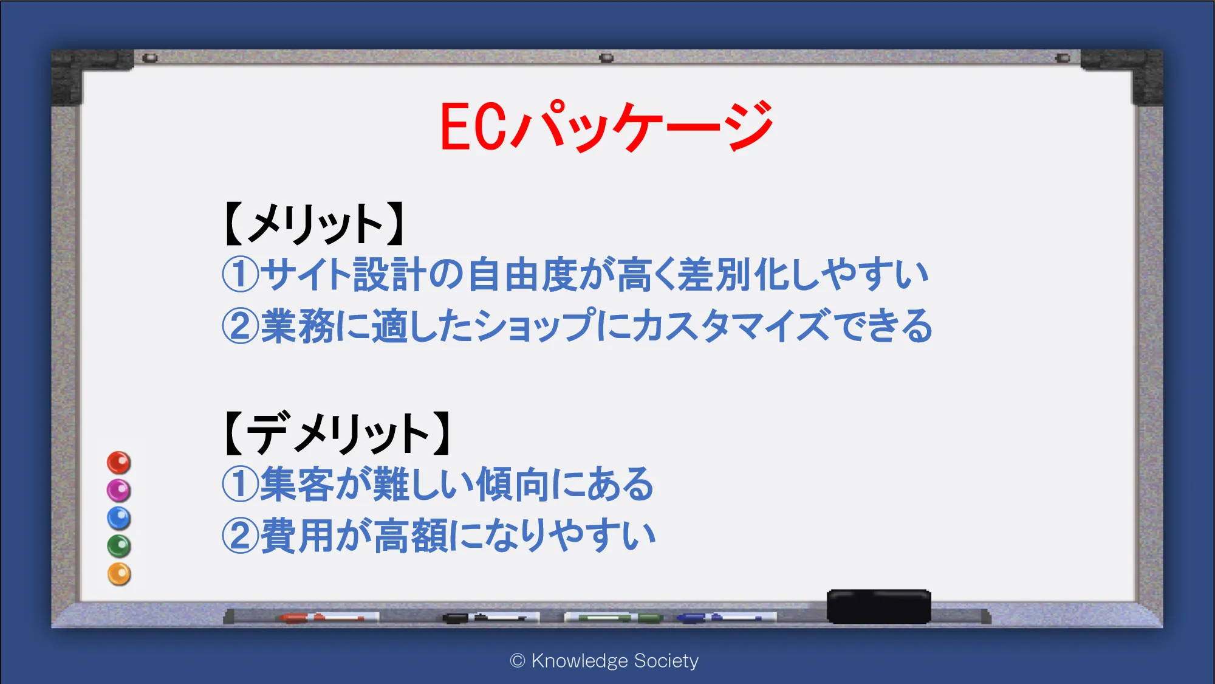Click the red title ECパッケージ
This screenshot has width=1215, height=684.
pos(606,126)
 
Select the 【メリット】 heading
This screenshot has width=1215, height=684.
pos(315,223)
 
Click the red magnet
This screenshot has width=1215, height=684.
pos(119,463)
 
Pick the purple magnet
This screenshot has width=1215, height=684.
pos(119,490)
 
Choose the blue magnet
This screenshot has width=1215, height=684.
pos(119,518)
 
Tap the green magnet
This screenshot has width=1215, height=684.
pos(119,546)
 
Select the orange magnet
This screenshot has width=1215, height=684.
pos(119,574)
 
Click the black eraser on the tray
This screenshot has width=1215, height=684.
pos(878,606)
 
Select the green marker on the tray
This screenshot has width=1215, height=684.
pos(614,618)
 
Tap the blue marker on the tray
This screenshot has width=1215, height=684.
pos(727,618)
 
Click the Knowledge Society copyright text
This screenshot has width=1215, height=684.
pos(604,661)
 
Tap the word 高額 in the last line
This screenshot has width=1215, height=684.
pos(411,536)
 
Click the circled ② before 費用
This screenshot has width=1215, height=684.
pos(241,536)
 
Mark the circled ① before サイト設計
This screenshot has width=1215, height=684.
pos(241,274)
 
